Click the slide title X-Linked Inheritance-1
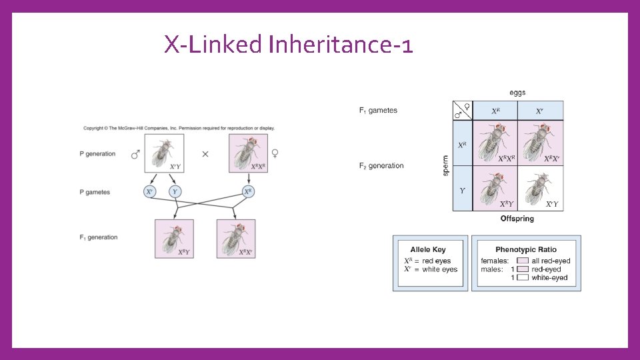289,45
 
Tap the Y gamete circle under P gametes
175,192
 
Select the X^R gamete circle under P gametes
248,192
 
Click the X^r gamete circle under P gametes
150,192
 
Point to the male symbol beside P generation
135,154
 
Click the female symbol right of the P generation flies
275,154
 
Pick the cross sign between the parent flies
205,154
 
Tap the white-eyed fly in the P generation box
163,153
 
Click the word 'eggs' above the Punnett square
517,93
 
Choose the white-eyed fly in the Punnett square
540,188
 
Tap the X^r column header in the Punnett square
541,111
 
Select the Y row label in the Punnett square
462,190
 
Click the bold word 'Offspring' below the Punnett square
517,219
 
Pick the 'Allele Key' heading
428,249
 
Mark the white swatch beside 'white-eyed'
523,277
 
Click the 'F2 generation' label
381,166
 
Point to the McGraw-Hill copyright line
179,128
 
